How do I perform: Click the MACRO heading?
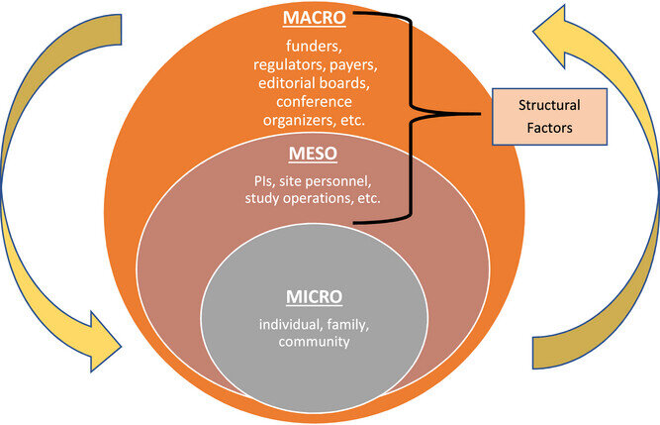pos(314,18)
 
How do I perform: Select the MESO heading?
pos(313,154)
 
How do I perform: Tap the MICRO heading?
pos(314,297)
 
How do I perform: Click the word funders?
pos(314,46)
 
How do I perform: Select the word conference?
pos(314,101)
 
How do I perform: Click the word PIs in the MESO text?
pos(264,181)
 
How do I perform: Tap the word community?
pos(314,342)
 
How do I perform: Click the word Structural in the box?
pos(549,105)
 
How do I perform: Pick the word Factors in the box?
pos(549,128)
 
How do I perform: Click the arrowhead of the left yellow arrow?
pos(105,342)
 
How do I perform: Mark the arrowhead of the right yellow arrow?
pos(554,36)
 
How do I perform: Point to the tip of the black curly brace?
pos(480,114)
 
